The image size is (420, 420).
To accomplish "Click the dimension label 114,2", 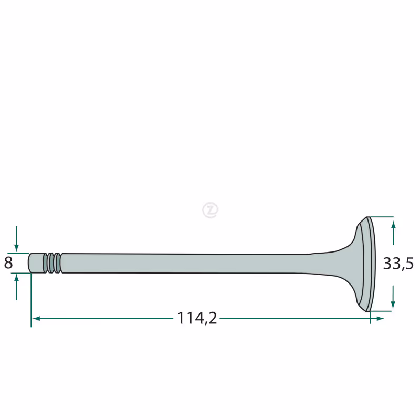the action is coord(197,318).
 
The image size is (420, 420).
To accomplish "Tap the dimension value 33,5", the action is coord(398,264).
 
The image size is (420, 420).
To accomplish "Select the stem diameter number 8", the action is coord(8,263).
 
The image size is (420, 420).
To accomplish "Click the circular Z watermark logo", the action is coord(211,210).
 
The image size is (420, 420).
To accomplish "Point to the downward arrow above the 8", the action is coord(16,239).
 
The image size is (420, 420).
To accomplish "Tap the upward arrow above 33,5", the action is coord(393,233).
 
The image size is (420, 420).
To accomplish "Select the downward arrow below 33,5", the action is coord(393,297).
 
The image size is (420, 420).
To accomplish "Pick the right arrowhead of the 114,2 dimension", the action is coord(380,319).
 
